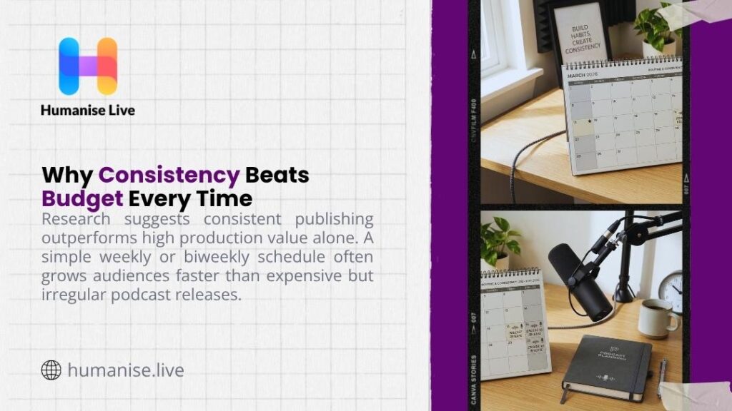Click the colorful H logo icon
(x=88, y=66)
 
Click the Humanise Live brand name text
(x=88, y=110)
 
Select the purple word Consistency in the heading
(x=169, y=175)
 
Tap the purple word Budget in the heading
(x=82, y=197)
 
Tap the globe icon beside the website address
(x=51, y=370)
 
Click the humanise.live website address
(x=126, y=370)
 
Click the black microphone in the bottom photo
(x=580, y=279)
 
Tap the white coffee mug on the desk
(x=654, y=318)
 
